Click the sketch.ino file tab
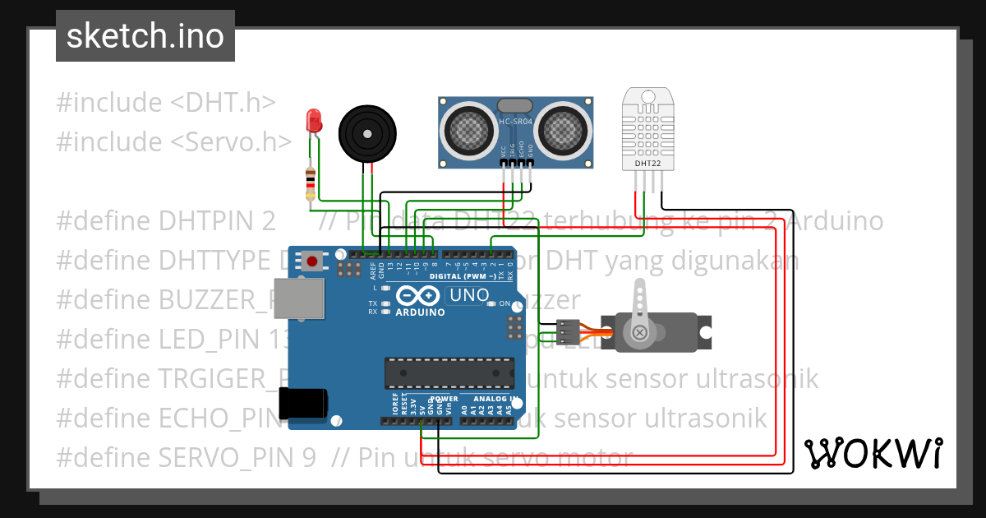click(145, 36)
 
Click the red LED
click(313, 122)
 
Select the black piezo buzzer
click(367, 132)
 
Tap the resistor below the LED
click(310, 183)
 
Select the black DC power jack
click(303, 403)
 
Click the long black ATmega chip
click(453, 372)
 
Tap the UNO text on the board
click(470, 295)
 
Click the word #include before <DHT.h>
click(109, 103)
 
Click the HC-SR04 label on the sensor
click(516, 123)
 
